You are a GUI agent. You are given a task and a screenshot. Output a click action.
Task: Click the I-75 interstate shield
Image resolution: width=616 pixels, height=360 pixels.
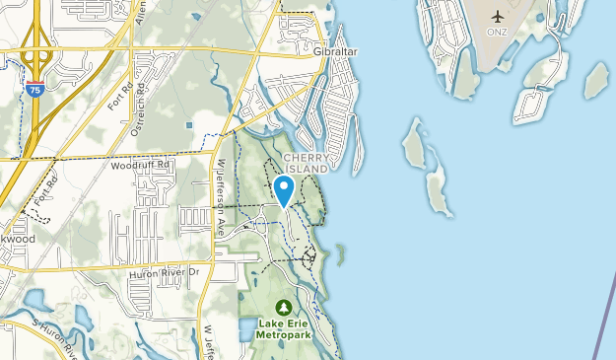(35, 90)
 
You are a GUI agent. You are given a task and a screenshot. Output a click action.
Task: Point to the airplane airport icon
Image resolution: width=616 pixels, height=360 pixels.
(498, 17)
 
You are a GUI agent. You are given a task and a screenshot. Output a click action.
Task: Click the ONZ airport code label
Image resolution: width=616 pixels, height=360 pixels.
(498, 31)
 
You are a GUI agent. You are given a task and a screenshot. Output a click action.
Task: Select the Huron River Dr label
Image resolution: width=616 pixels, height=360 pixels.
(164, 273)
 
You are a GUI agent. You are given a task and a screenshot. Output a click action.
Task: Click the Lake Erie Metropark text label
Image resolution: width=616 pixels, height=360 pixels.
(285, 327)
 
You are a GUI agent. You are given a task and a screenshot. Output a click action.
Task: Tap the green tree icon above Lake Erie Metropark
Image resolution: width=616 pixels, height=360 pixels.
(285, 307)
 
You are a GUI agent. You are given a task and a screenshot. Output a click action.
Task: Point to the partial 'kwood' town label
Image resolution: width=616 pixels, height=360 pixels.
(17, 239)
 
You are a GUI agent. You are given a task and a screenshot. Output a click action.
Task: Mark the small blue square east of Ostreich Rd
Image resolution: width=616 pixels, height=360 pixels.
(188, 125)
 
